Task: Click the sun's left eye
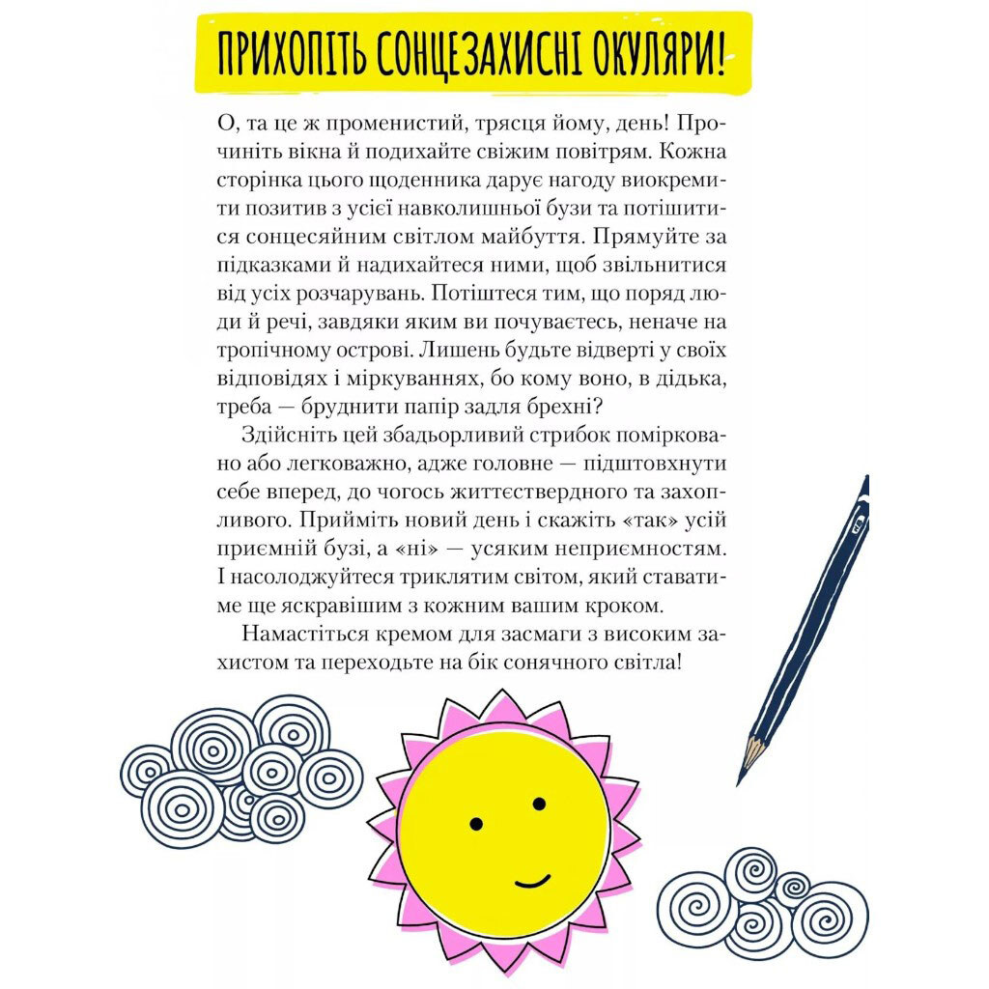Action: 476,823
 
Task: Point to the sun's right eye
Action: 539,804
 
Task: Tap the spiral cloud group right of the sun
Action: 762,902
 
